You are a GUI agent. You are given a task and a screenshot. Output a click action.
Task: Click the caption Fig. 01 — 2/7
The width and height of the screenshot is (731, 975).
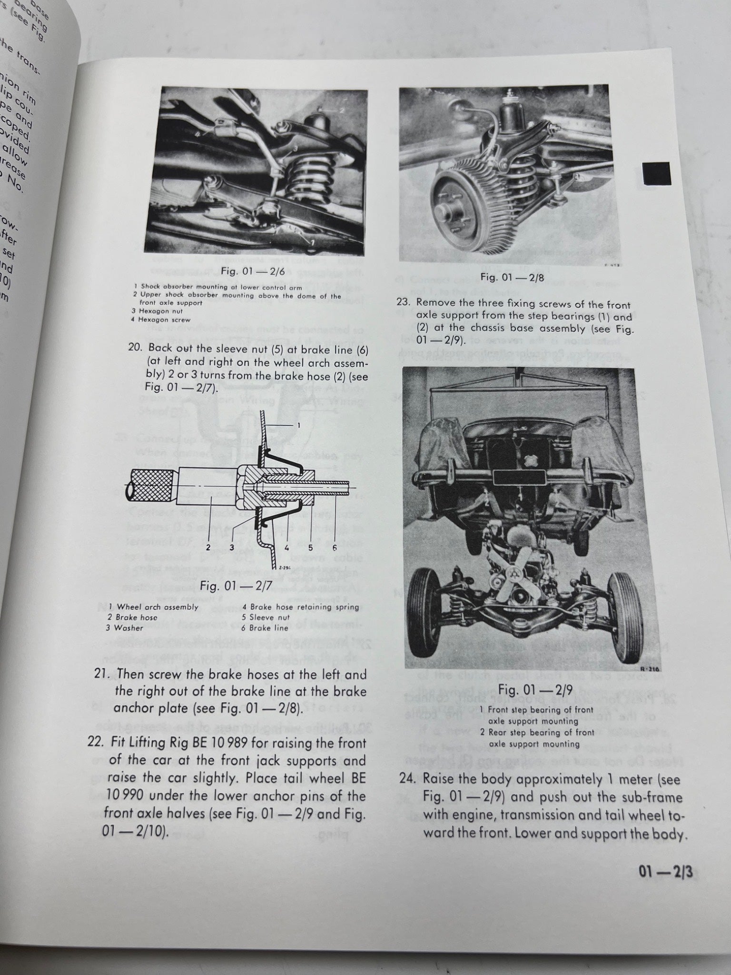click(x=236, y=585)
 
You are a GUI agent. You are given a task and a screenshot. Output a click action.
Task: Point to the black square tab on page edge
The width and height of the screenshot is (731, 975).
click(x=656, y=173)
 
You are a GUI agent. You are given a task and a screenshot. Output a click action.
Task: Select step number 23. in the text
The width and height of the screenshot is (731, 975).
click(x=407, y=304)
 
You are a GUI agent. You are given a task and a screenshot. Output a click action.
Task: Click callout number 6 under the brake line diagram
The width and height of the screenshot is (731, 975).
click(x=334, y=548)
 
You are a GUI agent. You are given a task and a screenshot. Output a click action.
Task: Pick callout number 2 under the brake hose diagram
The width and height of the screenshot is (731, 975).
click(x=208, y=547)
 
